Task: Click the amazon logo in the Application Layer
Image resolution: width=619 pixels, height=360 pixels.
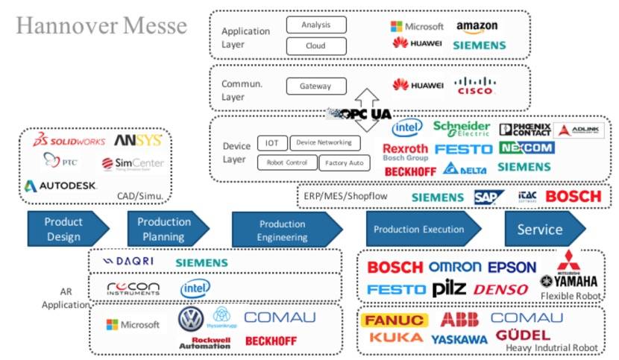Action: [x=477, y=27]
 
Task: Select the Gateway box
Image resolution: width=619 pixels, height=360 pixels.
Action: [x=315, y=86]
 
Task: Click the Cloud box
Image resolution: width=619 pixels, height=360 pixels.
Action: [x=315, y=45]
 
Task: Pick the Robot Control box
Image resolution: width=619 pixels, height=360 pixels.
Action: [x=286, y=162]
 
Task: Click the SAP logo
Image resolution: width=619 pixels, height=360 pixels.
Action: [x=489, y=196]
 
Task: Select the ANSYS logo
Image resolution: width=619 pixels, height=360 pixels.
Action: [x=137, y=140]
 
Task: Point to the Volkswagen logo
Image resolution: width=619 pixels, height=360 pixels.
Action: [x=191, y=319]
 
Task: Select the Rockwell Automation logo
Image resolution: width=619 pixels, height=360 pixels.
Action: [x=204, y=342]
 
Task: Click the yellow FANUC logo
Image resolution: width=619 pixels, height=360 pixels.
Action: [x=395, y=320]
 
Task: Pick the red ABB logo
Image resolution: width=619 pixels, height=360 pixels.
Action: [x=459, y=319]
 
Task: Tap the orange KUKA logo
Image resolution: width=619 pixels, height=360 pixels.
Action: [x=395, y=338]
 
